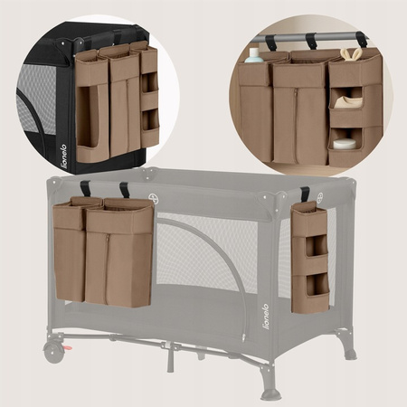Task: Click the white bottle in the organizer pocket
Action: [x=254, y=55]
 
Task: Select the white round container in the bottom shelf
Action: [x=345, y=143]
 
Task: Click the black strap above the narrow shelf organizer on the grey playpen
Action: [x=305, y=195]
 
